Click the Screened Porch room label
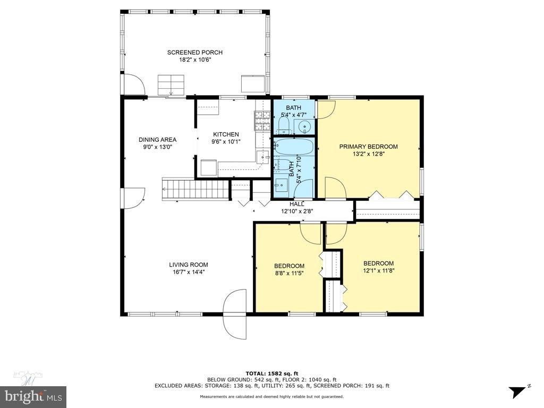194,52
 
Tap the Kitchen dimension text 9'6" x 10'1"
226,142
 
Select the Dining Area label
157,140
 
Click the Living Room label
188,265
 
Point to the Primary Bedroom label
368,147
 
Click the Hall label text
296,204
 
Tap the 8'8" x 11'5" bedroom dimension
289,274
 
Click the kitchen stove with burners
262,121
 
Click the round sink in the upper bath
304,127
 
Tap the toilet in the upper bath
284,126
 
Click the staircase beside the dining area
194,189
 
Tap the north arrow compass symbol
517,392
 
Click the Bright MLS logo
33,396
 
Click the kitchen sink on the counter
262,157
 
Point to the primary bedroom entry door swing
335,188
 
